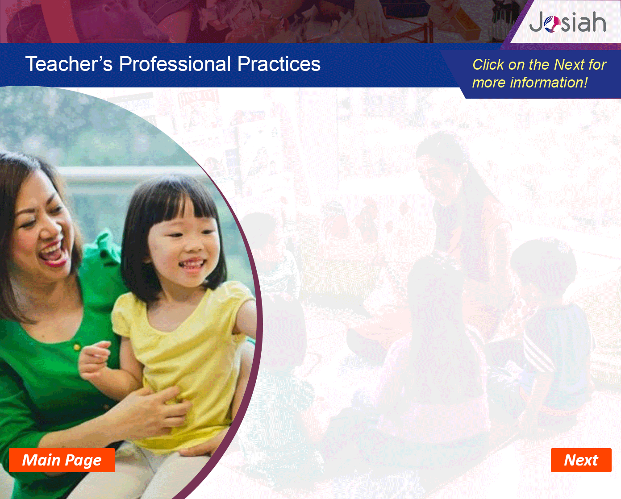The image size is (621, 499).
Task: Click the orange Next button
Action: pyautogui.click(x=581, y=460)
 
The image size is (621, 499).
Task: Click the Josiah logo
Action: pyautogui.click(x=567, y=22)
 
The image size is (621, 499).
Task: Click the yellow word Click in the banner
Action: pyautogui.click(x=488, y=64)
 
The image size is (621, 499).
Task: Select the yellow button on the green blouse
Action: pyautogui.click(x=77, y=347)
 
